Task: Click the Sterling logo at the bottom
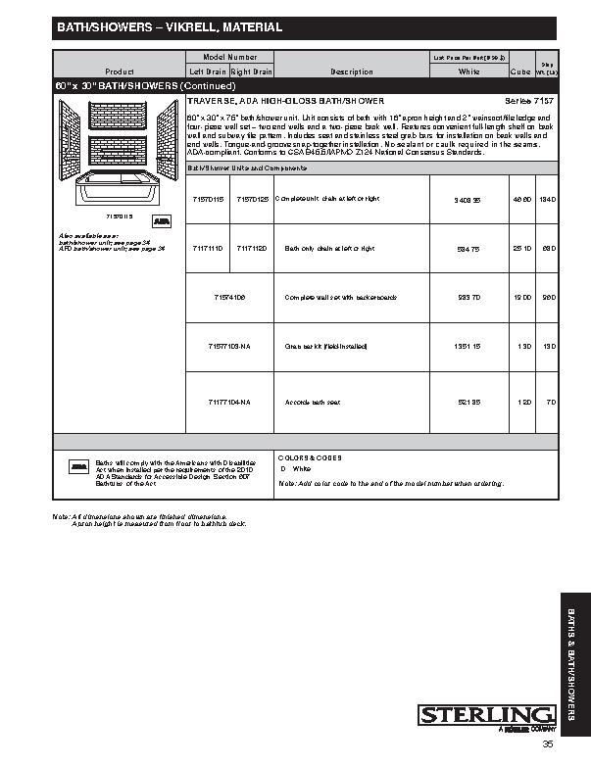point(486,716)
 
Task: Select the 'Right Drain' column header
point(251,72)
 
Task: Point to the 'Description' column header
point(352,72)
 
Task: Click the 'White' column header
point(469,72)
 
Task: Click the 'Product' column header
point(119,72)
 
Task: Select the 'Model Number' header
point(229,59)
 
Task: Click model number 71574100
point(229,297)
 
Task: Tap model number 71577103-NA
point(229,347)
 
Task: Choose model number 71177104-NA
point(229,402)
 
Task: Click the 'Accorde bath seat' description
point(313,402)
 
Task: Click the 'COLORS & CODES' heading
point(310,457)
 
